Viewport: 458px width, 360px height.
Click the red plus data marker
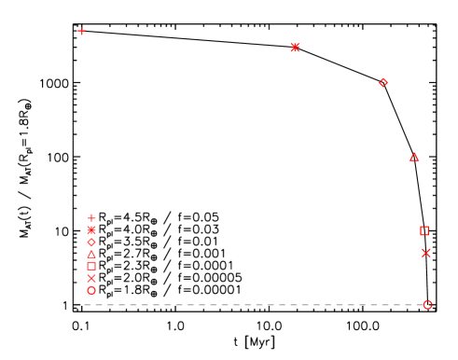(x=82, y=31)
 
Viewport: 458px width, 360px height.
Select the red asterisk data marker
(x=296, y=47)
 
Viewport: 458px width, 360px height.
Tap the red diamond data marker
(x=382, y=82)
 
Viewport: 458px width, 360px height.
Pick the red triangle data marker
(x=414, y=157)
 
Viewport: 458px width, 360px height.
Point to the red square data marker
(x=423, y=230)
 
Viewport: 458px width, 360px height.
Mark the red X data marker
(x=426, y=253)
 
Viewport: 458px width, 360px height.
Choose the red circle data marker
(x=427, y=304)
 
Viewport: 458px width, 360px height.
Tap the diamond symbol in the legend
(x=90, y=241)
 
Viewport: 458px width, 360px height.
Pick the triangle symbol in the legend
(x=90, y=253)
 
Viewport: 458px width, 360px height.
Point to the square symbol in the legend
(x=90, y=266)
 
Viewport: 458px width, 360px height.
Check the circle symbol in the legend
(x=90, y=290)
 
